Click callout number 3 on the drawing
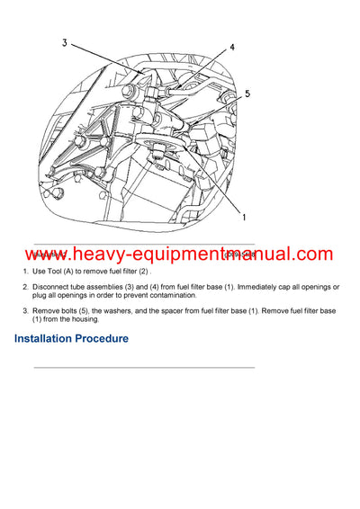pos(64,42)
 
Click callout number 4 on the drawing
pos(231,48)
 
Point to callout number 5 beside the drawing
pos(247,93)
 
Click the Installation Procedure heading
pos(71,339)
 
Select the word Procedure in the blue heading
pos(98,339)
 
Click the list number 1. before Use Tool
pos(25,272)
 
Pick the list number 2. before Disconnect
pos(25,287)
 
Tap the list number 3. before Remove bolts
pos(25,310)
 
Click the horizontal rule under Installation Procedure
pos(144,367)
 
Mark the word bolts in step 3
pos(77,310)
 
